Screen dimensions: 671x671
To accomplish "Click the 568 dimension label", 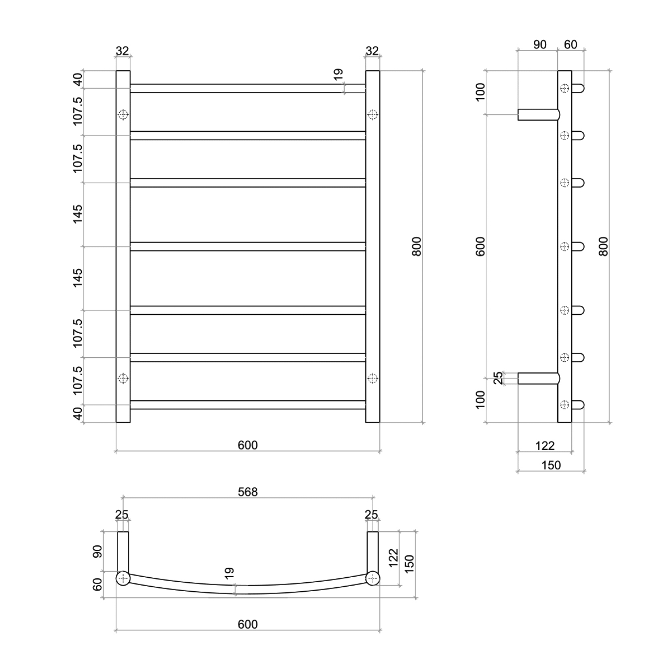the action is coord(247,492).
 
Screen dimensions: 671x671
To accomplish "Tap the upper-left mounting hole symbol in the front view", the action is coord(123,115).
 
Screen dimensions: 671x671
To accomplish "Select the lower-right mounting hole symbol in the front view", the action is coord(373,378).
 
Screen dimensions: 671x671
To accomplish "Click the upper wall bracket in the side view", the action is coord(539,115).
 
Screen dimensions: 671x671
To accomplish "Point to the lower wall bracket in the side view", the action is coord(539,378).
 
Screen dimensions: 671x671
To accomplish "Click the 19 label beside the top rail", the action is coord(338,74).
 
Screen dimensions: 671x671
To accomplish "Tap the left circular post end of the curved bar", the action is coord(123,579).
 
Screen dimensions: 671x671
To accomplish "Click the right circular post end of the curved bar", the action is coord(373,579).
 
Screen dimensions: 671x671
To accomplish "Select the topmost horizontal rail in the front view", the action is coord(248,88).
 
